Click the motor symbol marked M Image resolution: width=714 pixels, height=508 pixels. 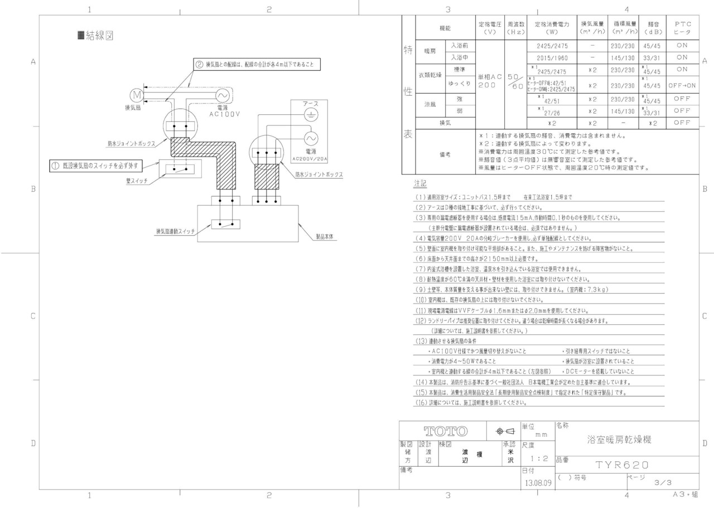tap(137, 95)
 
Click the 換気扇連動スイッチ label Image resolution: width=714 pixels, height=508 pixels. tap(175, 232)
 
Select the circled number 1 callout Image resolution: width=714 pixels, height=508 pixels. tap(55, 165)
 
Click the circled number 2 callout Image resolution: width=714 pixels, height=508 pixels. tap(199, 65)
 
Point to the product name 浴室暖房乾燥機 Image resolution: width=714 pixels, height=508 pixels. tap(619, 439)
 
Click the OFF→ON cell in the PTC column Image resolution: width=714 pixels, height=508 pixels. tap(682, 86)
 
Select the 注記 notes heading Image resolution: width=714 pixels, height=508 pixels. tap(420, 183)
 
